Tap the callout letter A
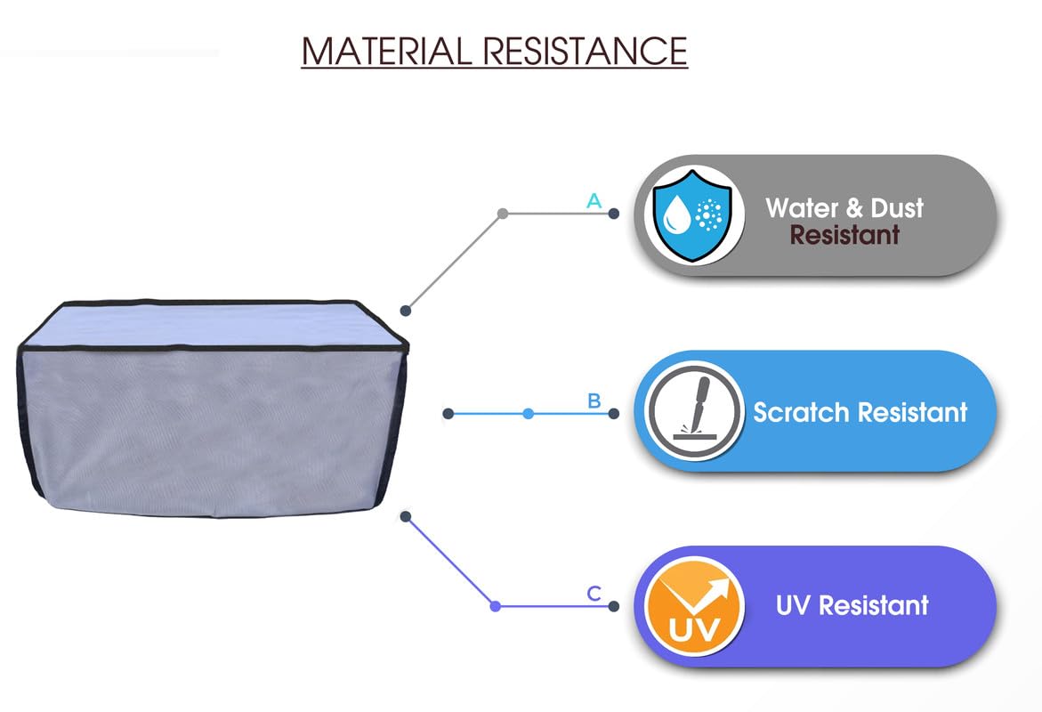click(594, 201)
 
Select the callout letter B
click(594, 401)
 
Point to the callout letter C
click(594, 594)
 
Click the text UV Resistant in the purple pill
click(852, 606)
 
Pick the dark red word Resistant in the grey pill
click(844, 236)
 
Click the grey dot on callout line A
click(503, 214)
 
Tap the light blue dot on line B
click(529, 414)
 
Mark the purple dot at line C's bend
click(496, 606)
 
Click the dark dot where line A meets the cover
click(406, 311)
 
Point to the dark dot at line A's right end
click(613, 214)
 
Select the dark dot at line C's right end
click(613, 606)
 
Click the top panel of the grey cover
click(212, 321)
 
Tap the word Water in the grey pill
click(802, 208)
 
